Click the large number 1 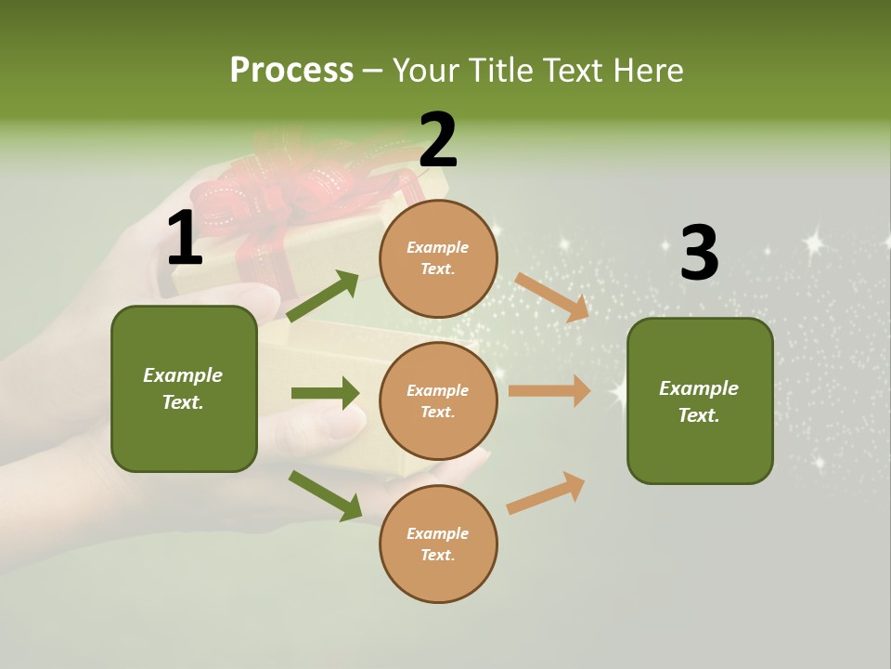click(185, 240)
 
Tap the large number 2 click(438, 140)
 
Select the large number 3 click(700, 253)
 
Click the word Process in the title click(291, 71)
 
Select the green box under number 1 click(184, 388)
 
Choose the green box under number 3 click(700, 400)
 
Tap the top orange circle click(438, 258)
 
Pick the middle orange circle click(438, 400)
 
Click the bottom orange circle click(438, 544)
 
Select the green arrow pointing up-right click(323, 296)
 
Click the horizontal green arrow click(325, 393)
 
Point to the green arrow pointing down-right click(325, 495)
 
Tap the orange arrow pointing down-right click(552, 296)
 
